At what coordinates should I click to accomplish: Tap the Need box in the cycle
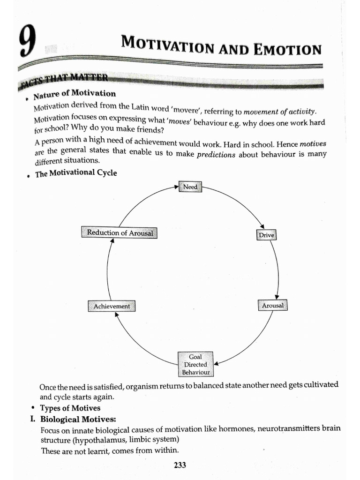point(190,187)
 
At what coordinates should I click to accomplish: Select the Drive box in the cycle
point(266,235)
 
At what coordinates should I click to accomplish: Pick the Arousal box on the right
point(272,305)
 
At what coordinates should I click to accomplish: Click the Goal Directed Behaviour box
point(195,364)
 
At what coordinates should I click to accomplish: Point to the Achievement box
point(112,306)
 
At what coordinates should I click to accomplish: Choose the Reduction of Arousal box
point(120,232)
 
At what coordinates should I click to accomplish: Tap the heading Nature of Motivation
point(75,94)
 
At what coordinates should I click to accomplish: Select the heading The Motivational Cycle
point(76,173)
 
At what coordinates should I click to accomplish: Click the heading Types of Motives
point(70,408)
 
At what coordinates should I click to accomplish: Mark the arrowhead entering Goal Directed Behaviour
point(216,363)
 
